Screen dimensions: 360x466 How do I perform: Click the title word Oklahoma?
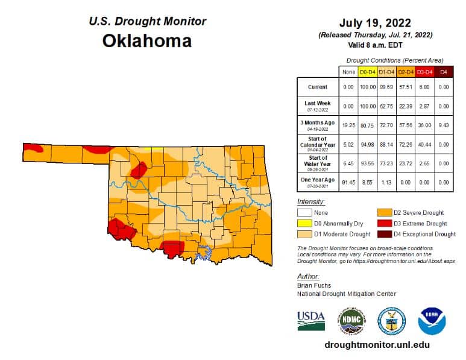(147, 41)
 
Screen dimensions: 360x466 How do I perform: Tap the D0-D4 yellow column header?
(368, 72)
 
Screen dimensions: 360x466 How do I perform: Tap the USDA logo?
(311, 320)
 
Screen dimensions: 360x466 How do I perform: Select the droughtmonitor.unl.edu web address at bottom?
(377, 345)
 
